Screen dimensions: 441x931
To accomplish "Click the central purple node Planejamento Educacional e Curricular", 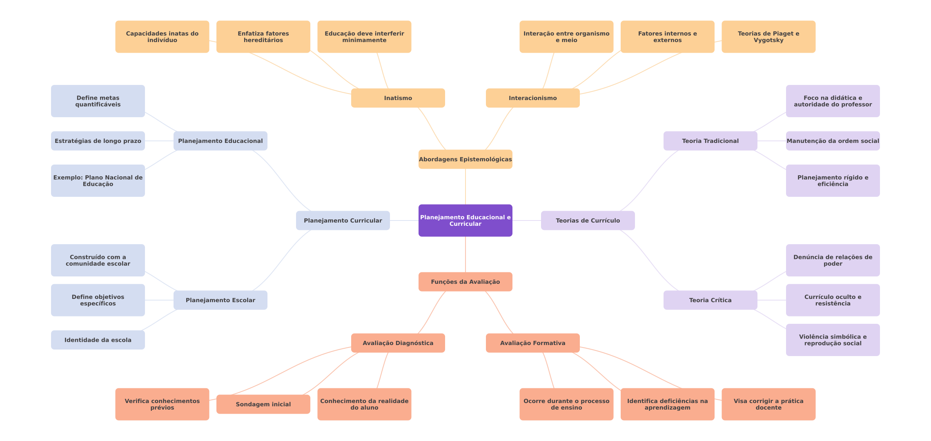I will pyautogui.click(x=465, y=220).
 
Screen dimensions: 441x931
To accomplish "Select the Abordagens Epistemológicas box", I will pyautogui.click(x=465, y=159).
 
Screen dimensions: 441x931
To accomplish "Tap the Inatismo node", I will pyautogui.click(x=398, y=98).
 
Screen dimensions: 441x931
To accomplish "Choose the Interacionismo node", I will pyautogui.click(x=533, y=98).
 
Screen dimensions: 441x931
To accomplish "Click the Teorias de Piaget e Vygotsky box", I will pyautogui.click(x=768, y=37).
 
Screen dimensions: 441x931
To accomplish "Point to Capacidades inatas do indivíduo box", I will pyautogui.click(x=162, y=37).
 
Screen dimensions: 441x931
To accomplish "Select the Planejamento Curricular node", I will pyautogui.click(x=343, y=220).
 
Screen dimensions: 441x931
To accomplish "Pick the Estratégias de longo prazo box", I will pyautogui.click(x=98, y=141).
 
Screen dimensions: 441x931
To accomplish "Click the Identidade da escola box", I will pyautogui.click(x=98, y=340).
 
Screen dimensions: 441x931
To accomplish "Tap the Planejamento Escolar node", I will pyautogui.click(x=220, y=300).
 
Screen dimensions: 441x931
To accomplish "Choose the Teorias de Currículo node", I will pyautogui.click(x=588, y=220).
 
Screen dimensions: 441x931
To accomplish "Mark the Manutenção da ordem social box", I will pyautogui.click(x=833, y=141).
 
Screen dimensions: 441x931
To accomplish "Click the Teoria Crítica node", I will pyautogui.click(x=710, y=300).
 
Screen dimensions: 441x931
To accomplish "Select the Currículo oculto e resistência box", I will pyautogui.click(x=833, y=300).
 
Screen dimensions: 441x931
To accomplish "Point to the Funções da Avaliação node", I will pyautogui.click(x=465, y=282).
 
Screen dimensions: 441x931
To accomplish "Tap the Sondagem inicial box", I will pyautogui.click(x=263, y=404).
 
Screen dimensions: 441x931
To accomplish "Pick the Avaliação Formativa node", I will pyautogui.click(x=533, y=343).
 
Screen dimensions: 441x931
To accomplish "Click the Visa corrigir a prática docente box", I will pyautogui.click(x=768, y=404).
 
